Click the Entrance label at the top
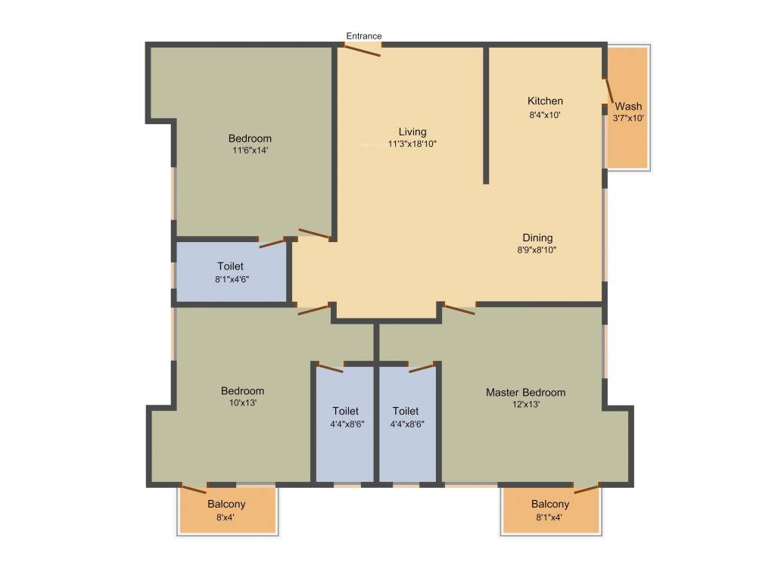pos(364,36)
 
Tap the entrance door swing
pos(362,50)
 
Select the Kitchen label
pos(545,101)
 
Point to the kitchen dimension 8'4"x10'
pos(545,115)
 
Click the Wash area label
pos(628,106)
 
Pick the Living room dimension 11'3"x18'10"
pos(412,144)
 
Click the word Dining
pos(537,238)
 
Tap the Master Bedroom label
pos(525,392)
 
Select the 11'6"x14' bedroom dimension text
pos(250,151)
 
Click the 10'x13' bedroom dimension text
pos(242,403)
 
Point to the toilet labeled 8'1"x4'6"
pos(231,272)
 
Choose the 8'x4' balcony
pos(226,511)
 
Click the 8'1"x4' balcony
pos(550,511)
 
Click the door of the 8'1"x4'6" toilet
pos(272,243)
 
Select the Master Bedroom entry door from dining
pos(459,308)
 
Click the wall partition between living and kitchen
pos(486,113)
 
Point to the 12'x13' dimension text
pos(525,404)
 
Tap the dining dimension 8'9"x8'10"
pos(537,250)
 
